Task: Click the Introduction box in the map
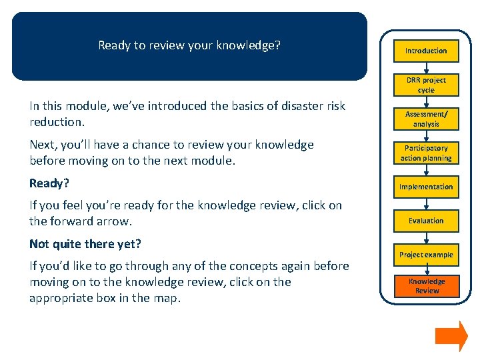pyautogui.click(x=426, y=51)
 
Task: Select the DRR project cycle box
pyautogui.click(x=426, y=85)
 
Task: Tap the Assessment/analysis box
pyautogui.click(x=426, y=119)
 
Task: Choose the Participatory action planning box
pyautogui.click(x=426, y=153)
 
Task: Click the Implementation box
pyautogui.click(x=426, y=187)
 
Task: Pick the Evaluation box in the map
pyautogui.click(x=426, y=221)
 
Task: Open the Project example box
pyautogui.click(x=426, y=255)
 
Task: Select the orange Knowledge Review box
pyautogui.click(x=426, y=286)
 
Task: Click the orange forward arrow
pyautogui.click(x=451, y=336)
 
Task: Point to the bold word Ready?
pyautogui.click(x=48, y=183)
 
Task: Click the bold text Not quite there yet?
pyautogui.click(x=85, y=243)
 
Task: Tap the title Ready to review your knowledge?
pyautogui.click(x=189, y=46)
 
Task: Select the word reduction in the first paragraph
pyautogui.click(x=57, y=123)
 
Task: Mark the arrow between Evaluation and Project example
pyautogui.click(x=426, y=238)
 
